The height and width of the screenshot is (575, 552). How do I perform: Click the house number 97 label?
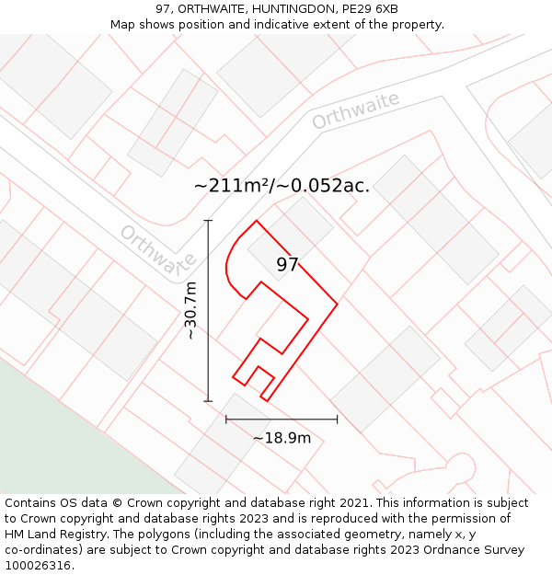pyautogui.click(x=287, y=265)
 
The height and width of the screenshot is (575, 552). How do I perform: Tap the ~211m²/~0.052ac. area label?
pyautogui.click(x=282, y=185)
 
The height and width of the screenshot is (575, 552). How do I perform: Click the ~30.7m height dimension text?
pyautogui.click(x=190, y=311)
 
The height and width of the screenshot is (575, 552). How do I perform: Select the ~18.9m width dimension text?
pyautogui.click(x=282, y=438)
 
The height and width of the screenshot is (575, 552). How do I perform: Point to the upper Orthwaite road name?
pyautogui.click(x=355, y=110)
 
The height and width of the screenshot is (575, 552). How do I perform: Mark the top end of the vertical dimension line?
pyautogui.click(x=208, y=221)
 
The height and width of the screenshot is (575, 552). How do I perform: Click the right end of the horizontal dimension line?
pyautogui.click(x=337, y=420)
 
